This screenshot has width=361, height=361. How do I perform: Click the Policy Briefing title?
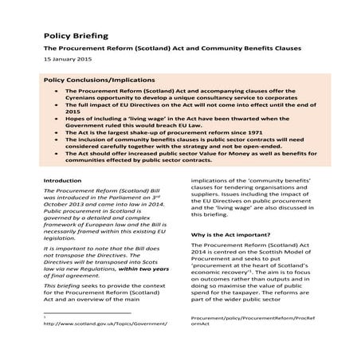[x=76, y=37]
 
